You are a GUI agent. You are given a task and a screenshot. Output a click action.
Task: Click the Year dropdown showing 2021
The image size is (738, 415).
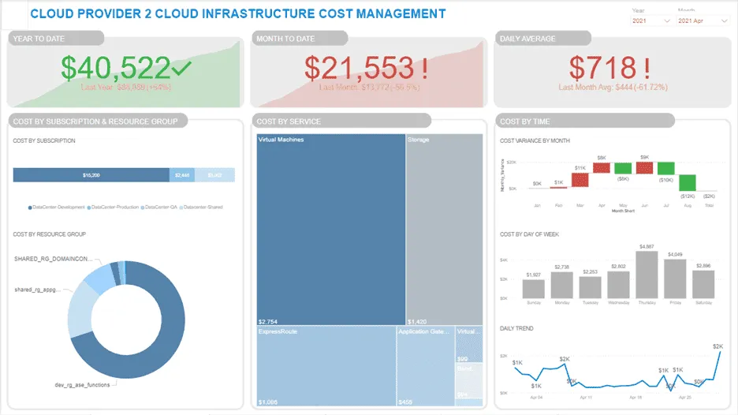[x=650, y=21]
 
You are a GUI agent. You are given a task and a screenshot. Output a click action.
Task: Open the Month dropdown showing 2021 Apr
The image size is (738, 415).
[x=702, y=21]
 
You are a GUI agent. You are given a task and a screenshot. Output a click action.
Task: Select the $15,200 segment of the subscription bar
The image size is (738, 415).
[x=91, y=175]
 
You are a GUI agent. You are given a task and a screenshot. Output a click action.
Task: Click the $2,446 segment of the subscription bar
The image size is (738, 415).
[x=182, y=175]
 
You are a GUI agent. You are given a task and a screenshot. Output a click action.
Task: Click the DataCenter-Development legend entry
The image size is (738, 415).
[x=59, y=207]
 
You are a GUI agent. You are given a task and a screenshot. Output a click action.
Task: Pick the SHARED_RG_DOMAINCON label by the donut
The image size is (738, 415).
[x=53, y=258]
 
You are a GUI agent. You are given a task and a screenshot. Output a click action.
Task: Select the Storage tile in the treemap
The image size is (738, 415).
[x=444, y=229]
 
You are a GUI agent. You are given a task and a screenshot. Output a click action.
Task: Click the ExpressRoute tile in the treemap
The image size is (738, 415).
[x=326, y=367]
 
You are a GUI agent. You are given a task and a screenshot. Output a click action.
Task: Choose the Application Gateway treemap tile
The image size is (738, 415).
[x=426, y=367]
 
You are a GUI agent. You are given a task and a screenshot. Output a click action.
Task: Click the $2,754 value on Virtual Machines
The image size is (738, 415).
[x=270, y=322]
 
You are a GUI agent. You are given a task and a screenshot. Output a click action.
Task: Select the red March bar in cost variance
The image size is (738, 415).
[x=580, y=179]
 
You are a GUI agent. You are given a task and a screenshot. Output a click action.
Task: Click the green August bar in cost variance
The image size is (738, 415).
[x=688, y=183]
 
